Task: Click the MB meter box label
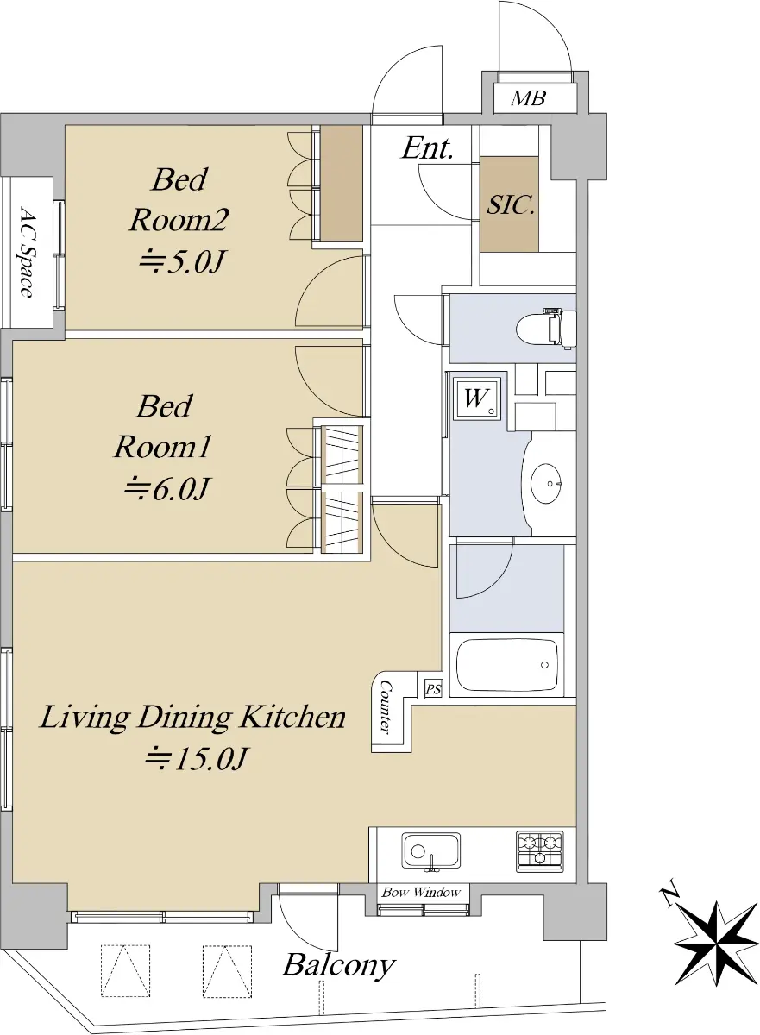529,98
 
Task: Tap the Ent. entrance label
427,148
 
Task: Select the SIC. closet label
511,204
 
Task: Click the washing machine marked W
477,398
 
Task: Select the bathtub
507,665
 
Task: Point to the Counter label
386,708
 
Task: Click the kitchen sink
430,851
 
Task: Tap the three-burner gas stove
540,851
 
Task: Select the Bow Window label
421,892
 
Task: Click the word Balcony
339,965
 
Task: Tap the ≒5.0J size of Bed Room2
182,262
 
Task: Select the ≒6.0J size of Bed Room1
166,489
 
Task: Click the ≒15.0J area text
197,759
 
